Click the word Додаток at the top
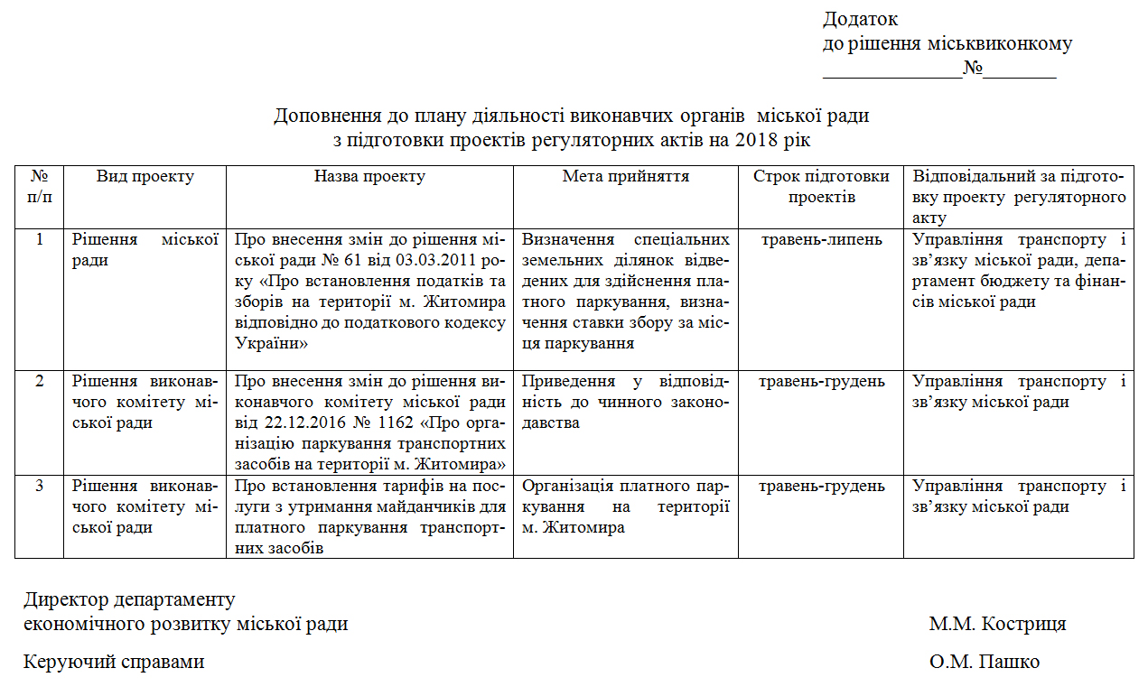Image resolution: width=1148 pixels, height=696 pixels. [860, 19]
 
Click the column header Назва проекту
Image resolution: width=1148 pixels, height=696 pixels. [369, 177]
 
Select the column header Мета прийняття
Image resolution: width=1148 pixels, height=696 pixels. [626, 177]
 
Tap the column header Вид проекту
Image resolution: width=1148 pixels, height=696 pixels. [145, 177]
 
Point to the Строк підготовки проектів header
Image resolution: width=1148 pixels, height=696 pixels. [821, 187]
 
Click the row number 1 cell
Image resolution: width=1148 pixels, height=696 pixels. [39, 240]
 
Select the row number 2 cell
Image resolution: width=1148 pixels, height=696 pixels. [39, 381]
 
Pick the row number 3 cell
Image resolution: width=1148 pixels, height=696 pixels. [39, 487]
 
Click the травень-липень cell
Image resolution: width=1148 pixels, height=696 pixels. [821, 240]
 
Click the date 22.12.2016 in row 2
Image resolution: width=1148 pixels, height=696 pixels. [296, 422]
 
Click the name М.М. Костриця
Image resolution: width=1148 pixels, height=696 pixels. [997, 624]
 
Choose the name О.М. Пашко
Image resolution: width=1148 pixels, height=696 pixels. [985, 662]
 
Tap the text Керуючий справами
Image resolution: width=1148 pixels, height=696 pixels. [114, 662]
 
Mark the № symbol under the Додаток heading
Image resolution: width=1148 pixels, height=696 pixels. [973, 69]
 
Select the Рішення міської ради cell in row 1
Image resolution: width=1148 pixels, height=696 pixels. [145, 250]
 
